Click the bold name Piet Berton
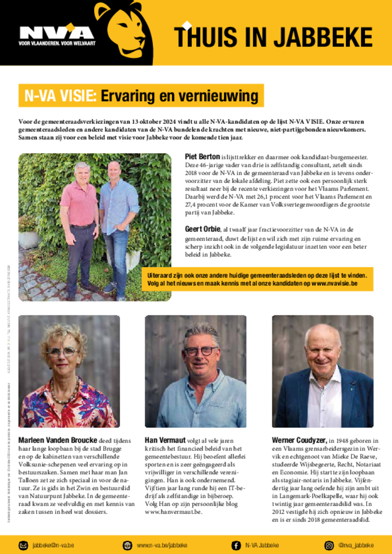pyautogui.click(x=202, y=157)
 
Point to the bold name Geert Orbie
pyautogui.click(x=203, y=229)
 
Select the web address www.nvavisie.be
pyautogui.click(x=334, y=283)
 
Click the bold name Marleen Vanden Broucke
pyautogui.click(x=58, y=440)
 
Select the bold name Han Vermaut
pyautogui.click(x=165, y=440)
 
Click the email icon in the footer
pyautogui.click(x=23, y=545)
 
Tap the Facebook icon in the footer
pyautogui.click(x=236, y=545)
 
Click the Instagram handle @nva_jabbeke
pyautogui.click(x=356, y=545)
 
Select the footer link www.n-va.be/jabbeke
pyautogui.click(x=162, y=545)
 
